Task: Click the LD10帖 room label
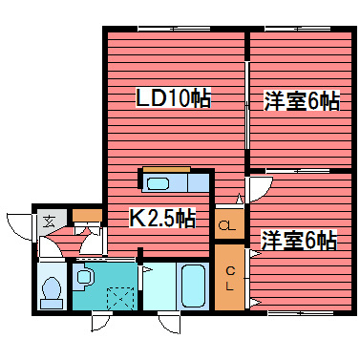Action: pyautogui.click(x=172, y=97)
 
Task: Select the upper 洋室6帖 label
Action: pyautogui.click(x=300, y=101)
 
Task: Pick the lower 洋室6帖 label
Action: pyautogui.click(x=298, y=239)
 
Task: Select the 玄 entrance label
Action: pyautogui.click(x=47, y=222)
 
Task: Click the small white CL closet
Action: pyautogui.click(x=226, y=226)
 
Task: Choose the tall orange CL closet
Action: pyautogui.click(x=230, y=276)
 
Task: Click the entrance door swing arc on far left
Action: pyautogui.click(x=19, y=227)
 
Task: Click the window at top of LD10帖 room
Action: pyautogui.click(x=175, y=30)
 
